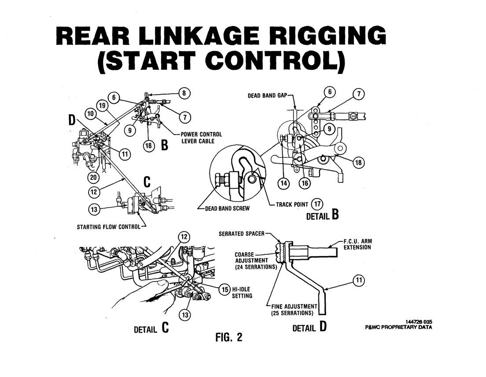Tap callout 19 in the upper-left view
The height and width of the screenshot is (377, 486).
101,106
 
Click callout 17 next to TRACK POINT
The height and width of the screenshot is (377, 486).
317,204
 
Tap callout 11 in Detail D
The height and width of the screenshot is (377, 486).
359,280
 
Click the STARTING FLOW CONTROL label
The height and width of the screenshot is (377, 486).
109,227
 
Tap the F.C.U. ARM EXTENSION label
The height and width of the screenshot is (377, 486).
358,244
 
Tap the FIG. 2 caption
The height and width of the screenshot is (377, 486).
228,337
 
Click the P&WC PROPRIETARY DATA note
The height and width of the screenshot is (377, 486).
399,327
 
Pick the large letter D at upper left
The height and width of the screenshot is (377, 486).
71,120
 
